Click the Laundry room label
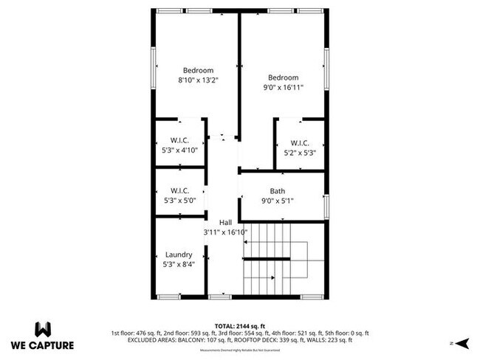tap(179, 255)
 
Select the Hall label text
tap(225, 221)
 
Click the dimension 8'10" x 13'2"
tap(198, 80)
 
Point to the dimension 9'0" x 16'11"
tap(283, 87)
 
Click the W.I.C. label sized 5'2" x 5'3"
tap(299, 143)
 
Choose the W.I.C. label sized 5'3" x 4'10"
tap(179, 140)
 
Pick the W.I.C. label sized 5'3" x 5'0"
tap(180, 190)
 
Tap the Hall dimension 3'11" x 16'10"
tap(225, 232)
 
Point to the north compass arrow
tap(462, 342)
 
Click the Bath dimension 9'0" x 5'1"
tap(277, 201)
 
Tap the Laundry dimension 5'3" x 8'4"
tap(179, 264)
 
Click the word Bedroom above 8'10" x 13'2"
tap(198, 71)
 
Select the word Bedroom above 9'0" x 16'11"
tap(283, 78)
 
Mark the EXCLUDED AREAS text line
tap(239, 340)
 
